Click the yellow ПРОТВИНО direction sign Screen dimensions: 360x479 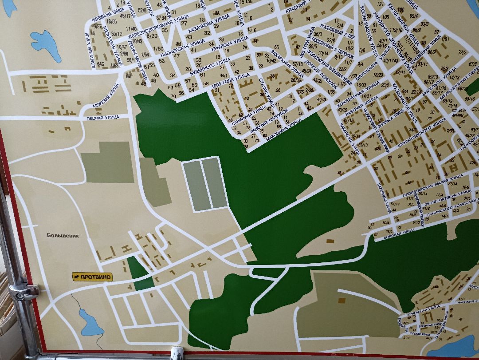click(x=93, y=277)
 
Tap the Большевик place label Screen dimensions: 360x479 click(x=63, y=236)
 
